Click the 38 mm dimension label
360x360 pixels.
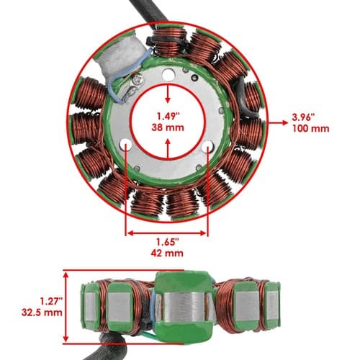tap(168, 127)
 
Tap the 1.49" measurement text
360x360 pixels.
tap(168, 117)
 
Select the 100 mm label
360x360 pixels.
tap(310, 128)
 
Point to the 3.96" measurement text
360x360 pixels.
tap(303, 117)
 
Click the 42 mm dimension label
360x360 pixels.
tap(167, 253)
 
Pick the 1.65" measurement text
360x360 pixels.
tap(168, 242)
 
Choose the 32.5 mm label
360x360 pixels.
tap(42, 312)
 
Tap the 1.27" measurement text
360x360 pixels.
tap(51, 301)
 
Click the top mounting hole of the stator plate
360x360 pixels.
tap(168, 75)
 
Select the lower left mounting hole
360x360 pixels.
tap(125, 145)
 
